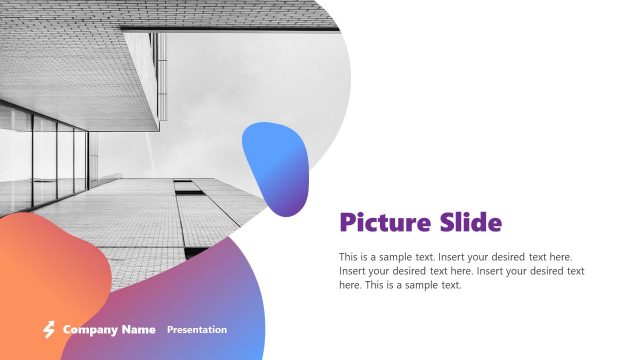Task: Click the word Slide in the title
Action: point(470,222)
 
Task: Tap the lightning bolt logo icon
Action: point(48,329)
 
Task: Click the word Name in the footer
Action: point(138,330)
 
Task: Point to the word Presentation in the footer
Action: point(197,330)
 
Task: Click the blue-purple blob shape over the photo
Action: point(276,166)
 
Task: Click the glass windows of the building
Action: point(45,155)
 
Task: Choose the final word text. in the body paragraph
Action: point(451,285)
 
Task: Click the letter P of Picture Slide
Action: point(348,222)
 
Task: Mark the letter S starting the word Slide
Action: point(446,222)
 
